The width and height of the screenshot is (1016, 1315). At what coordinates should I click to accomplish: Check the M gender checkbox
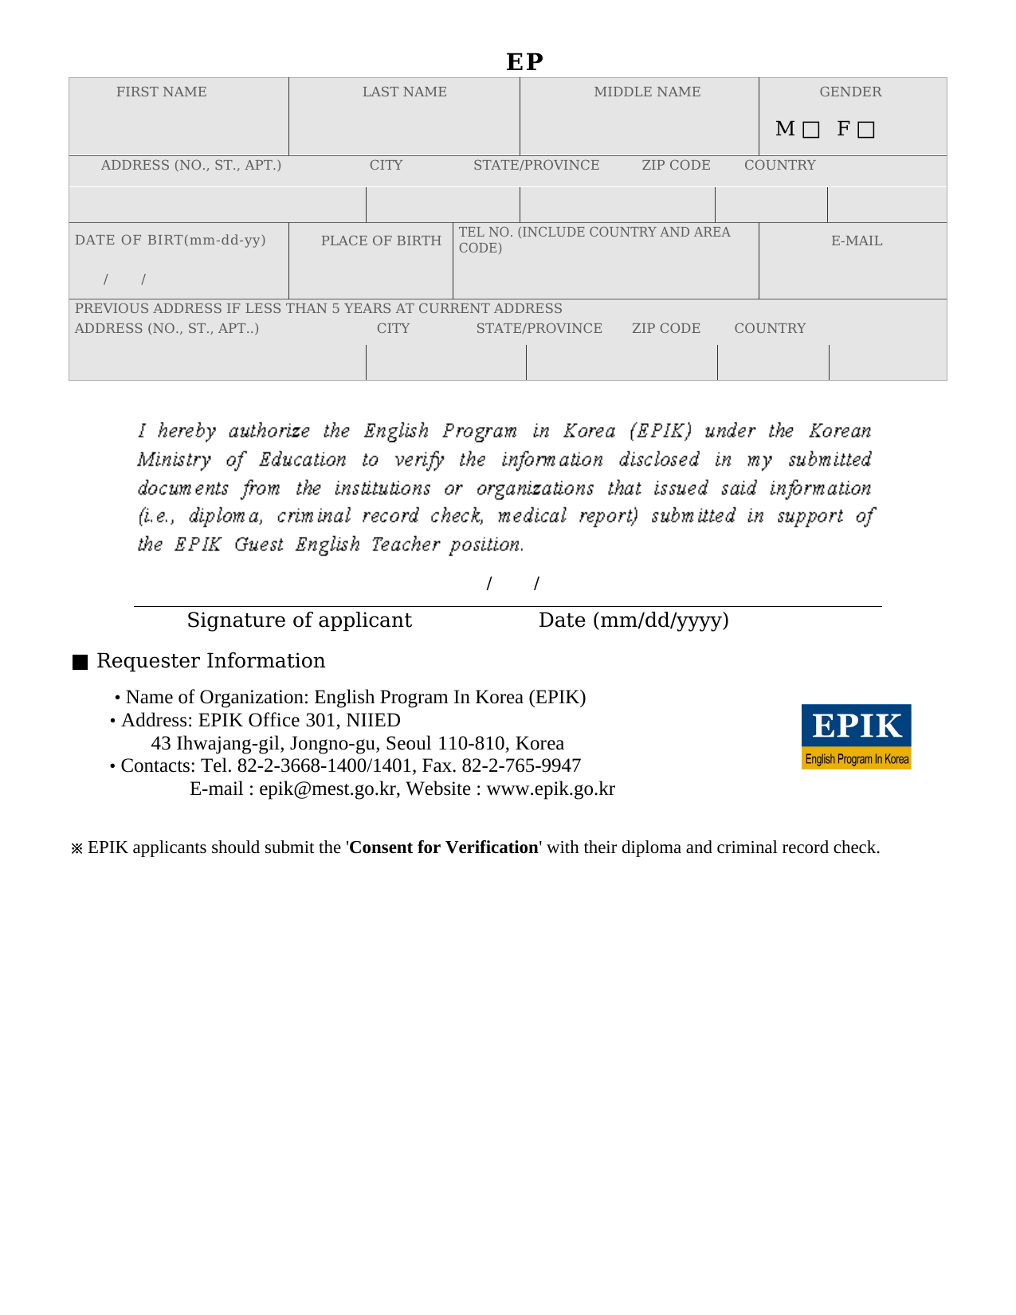click(x=810, y=130)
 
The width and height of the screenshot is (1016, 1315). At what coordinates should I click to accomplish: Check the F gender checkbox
click(x=866, y=130)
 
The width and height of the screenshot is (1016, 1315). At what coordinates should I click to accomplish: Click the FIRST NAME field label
click(x=161, y=92)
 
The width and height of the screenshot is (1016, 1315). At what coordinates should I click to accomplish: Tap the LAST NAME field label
click(x=404, y=92)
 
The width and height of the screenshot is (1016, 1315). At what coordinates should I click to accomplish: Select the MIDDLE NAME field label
click(x=647, y=92)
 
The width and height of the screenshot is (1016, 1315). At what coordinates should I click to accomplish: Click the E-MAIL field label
click(x=857, y=241)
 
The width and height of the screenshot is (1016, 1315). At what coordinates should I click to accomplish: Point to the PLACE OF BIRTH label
click(x=381, y=241)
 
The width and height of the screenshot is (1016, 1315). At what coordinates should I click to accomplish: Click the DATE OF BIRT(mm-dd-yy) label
click(x=170, y=240)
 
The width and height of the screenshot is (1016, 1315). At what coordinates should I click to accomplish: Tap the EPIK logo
click(x=856, y=736)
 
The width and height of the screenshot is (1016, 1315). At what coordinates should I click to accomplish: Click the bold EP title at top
click(x=524, y=61)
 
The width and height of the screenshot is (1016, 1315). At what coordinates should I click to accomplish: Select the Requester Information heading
click(x=210, y=661)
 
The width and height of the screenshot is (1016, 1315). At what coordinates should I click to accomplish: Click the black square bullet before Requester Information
click(x=80, y=663)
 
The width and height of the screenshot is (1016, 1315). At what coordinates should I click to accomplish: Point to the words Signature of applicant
click(x=299, y=620)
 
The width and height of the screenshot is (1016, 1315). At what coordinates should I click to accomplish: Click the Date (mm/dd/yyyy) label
click(x=634, y=620)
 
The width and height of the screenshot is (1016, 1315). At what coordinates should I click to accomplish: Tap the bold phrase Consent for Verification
click(x=444, y=847)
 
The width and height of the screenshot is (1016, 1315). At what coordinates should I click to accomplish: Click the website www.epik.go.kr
click(x=551, y=789)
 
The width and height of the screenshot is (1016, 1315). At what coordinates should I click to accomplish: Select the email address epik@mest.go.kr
click(x=328, y=789)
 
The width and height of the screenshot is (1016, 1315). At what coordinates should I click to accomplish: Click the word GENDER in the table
click(x=850, y=92)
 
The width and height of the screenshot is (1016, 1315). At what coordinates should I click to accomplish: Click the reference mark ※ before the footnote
click(x=77, y=849)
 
